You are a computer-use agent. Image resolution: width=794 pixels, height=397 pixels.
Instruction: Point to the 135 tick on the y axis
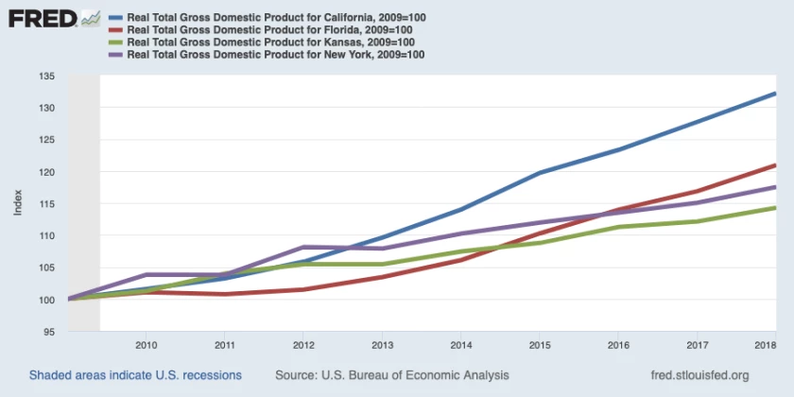click(50, 77)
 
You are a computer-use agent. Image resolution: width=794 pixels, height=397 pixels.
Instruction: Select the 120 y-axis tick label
click(50, 172)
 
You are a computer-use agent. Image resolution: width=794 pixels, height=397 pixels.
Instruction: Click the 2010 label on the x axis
click(146, 346)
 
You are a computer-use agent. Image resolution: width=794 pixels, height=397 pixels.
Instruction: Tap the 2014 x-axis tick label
click(460, 346)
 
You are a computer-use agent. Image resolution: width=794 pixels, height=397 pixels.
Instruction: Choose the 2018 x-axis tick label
click(764, 346)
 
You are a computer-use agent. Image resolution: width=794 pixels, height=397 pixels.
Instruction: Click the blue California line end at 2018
click(775, 94)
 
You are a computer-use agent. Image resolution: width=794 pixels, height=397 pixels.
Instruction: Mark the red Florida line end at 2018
click(775, 165)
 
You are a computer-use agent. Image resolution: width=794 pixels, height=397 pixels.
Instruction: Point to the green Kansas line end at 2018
click(775, 208)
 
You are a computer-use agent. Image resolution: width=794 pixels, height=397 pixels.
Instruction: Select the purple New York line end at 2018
click(775, 187)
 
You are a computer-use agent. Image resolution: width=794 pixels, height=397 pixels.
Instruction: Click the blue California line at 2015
click(539, 173)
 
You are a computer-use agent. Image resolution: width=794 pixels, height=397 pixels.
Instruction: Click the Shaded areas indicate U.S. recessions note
click(135, 375)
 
